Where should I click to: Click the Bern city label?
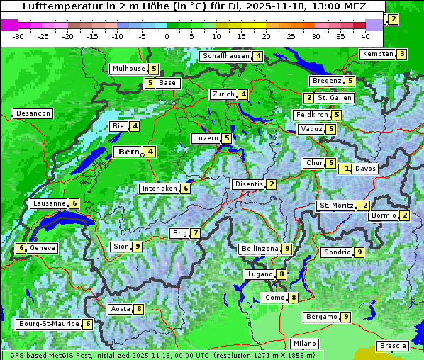point(128,152)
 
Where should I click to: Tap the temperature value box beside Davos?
point(345,169)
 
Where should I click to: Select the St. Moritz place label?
point(336,206)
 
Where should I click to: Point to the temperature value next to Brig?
point(195,233)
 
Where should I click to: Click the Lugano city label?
point(260,274)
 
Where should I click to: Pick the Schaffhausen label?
point(225,56)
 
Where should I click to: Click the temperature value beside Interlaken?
point(185,189)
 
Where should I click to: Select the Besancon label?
point(33,113)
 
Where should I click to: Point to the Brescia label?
point(393,346)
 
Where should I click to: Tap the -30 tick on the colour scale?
point(18,36)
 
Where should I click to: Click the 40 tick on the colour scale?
point(365,36)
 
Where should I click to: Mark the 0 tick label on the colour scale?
point(167,36)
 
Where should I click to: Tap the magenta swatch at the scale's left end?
point(9,24)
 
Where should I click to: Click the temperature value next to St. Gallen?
point(308,98)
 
